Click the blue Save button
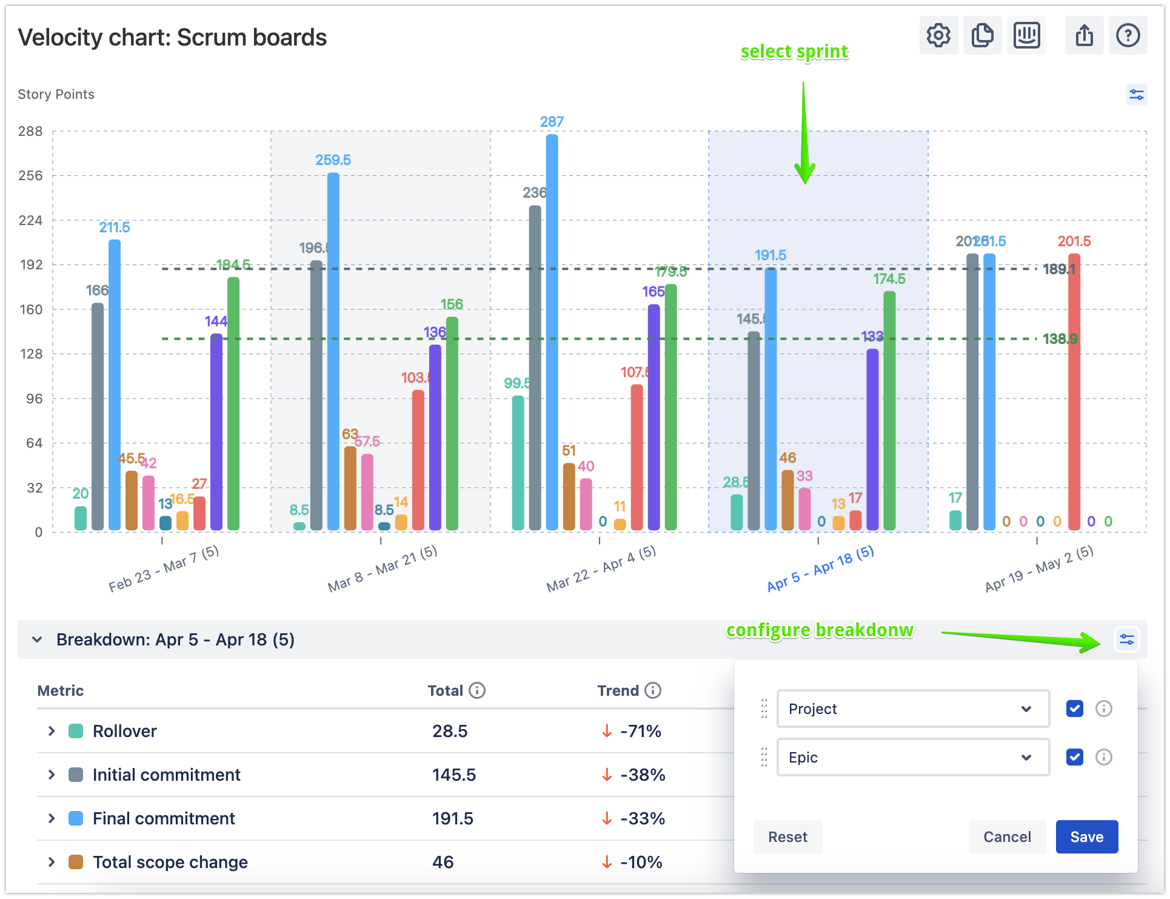(1086, 837)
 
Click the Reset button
(787, 837)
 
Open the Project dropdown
(912, 709)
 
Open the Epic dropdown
(912, 757)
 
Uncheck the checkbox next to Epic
(1074, 757)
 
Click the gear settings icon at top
(938, 36)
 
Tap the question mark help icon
(1128, 36)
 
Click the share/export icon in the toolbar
(1084, 36)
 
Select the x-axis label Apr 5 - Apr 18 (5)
(820, 568)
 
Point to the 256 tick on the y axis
(31, 176)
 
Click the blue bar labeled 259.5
(333, 352)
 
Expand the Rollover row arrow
(52, 731)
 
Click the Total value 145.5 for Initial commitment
(453, 775)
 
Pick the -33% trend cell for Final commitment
(642, 818)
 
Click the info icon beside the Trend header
(653, 690)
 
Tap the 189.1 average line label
(1058, 269)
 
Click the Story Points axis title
(56, 94)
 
